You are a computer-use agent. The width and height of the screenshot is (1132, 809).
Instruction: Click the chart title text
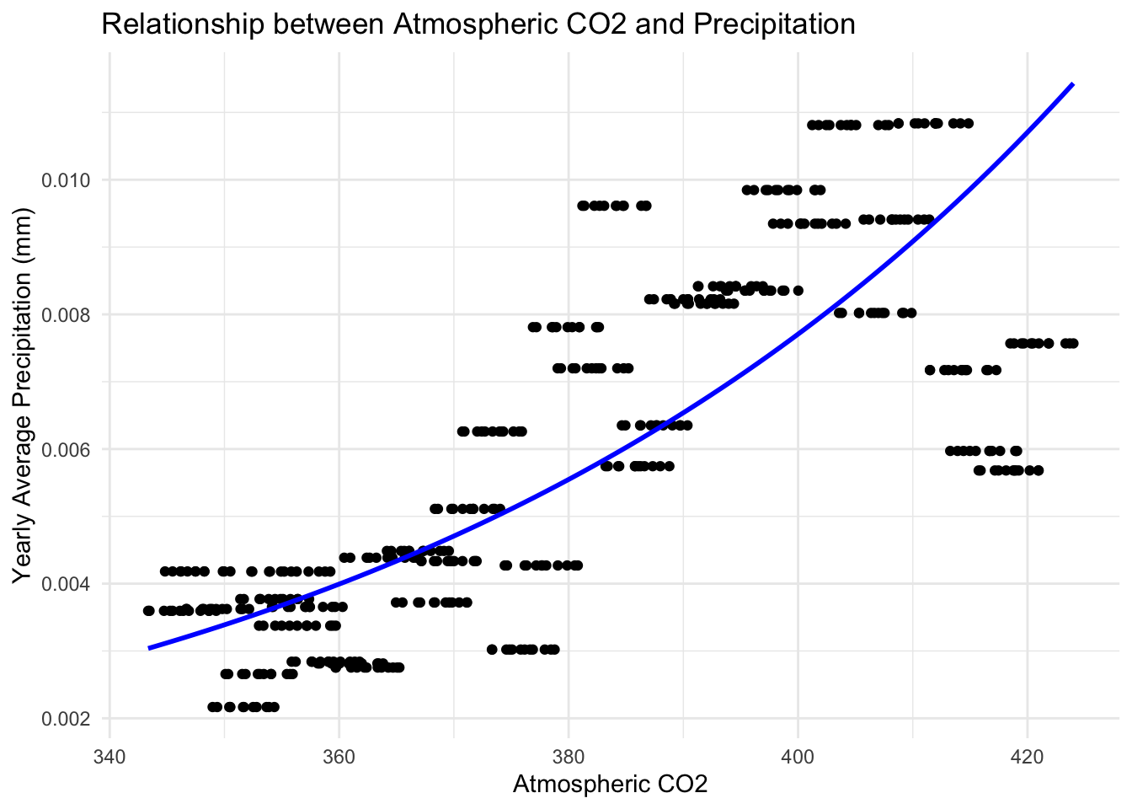(x=478, y=24)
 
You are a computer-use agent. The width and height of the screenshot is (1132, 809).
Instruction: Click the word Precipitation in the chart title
(x=774, y=24)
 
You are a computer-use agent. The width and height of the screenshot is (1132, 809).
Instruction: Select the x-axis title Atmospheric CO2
(x=610, y=785)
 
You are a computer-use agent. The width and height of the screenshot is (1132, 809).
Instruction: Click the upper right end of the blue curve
(x=1072, y=84)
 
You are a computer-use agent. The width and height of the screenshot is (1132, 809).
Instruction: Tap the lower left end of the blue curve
(x=150, y=648)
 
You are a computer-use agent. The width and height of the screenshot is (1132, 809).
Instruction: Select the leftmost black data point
(x=149, y=611)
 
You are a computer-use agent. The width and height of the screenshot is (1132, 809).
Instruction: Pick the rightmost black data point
(x=1073, y=343)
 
